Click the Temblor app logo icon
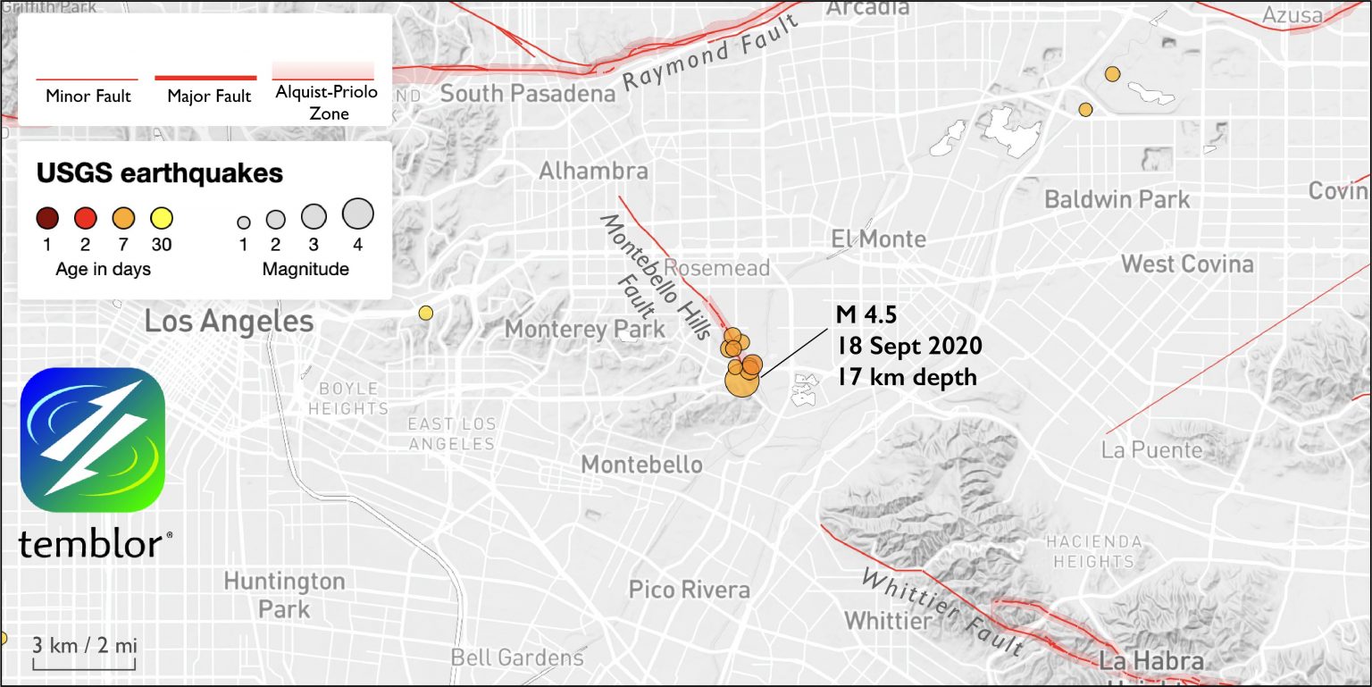click(x=92, y=440)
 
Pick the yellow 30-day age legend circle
click(x=162, y=217)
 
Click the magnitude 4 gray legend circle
click(x=357, y=214)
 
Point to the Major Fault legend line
click(x=206, y=78)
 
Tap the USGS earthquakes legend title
click(x=160, y=172)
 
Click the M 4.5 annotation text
click(x=866, y=314)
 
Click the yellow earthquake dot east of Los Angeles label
click(x=426, y=313)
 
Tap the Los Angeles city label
click(x=229, y=321)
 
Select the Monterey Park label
click(x=585, y=329)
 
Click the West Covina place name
click(x=1187, y=264)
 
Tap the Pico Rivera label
click(x=689, y=590)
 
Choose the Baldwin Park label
click(x=1117, y=198)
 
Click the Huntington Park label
click(x=284, y=595)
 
